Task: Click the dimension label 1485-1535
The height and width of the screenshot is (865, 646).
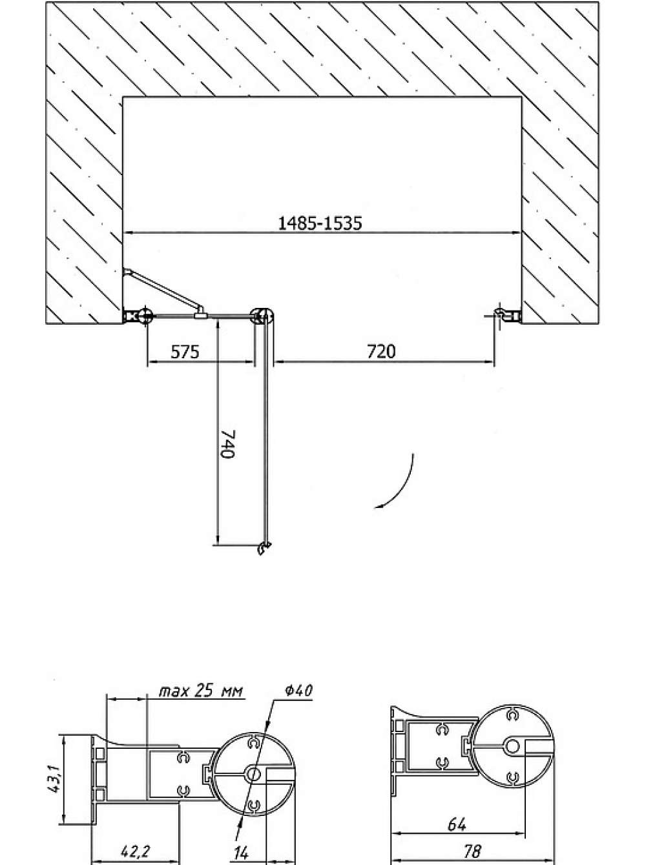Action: (x=320, y=223)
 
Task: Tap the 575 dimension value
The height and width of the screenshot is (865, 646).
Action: (x=185, y=352)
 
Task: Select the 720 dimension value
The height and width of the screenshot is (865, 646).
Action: (x=381, y=352)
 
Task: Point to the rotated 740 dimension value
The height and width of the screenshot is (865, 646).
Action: (x=228, y=443)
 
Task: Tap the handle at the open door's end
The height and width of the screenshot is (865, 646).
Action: (x=264, y=548)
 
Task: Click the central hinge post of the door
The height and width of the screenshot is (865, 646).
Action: (x=262, y=316)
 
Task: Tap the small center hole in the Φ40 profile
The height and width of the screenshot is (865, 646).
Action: (x=253, y=775)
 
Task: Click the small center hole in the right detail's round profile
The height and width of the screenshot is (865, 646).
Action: (x=512, y=746)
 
